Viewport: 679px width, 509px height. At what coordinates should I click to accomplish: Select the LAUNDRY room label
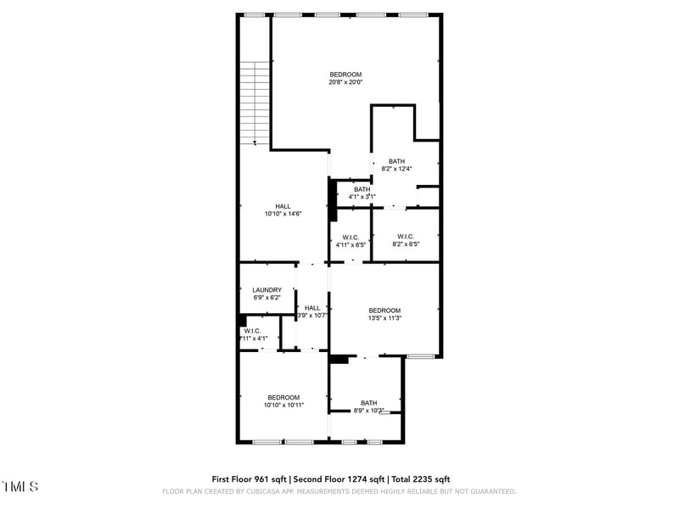point(267,290)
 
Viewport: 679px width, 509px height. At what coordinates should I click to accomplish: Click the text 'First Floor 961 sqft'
point(250,479)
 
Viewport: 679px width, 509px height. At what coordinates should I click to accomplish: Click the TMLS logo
point(20,487)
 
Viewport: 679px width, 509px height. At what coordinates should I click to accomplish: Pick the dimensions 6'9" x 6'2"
point(267,298)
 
